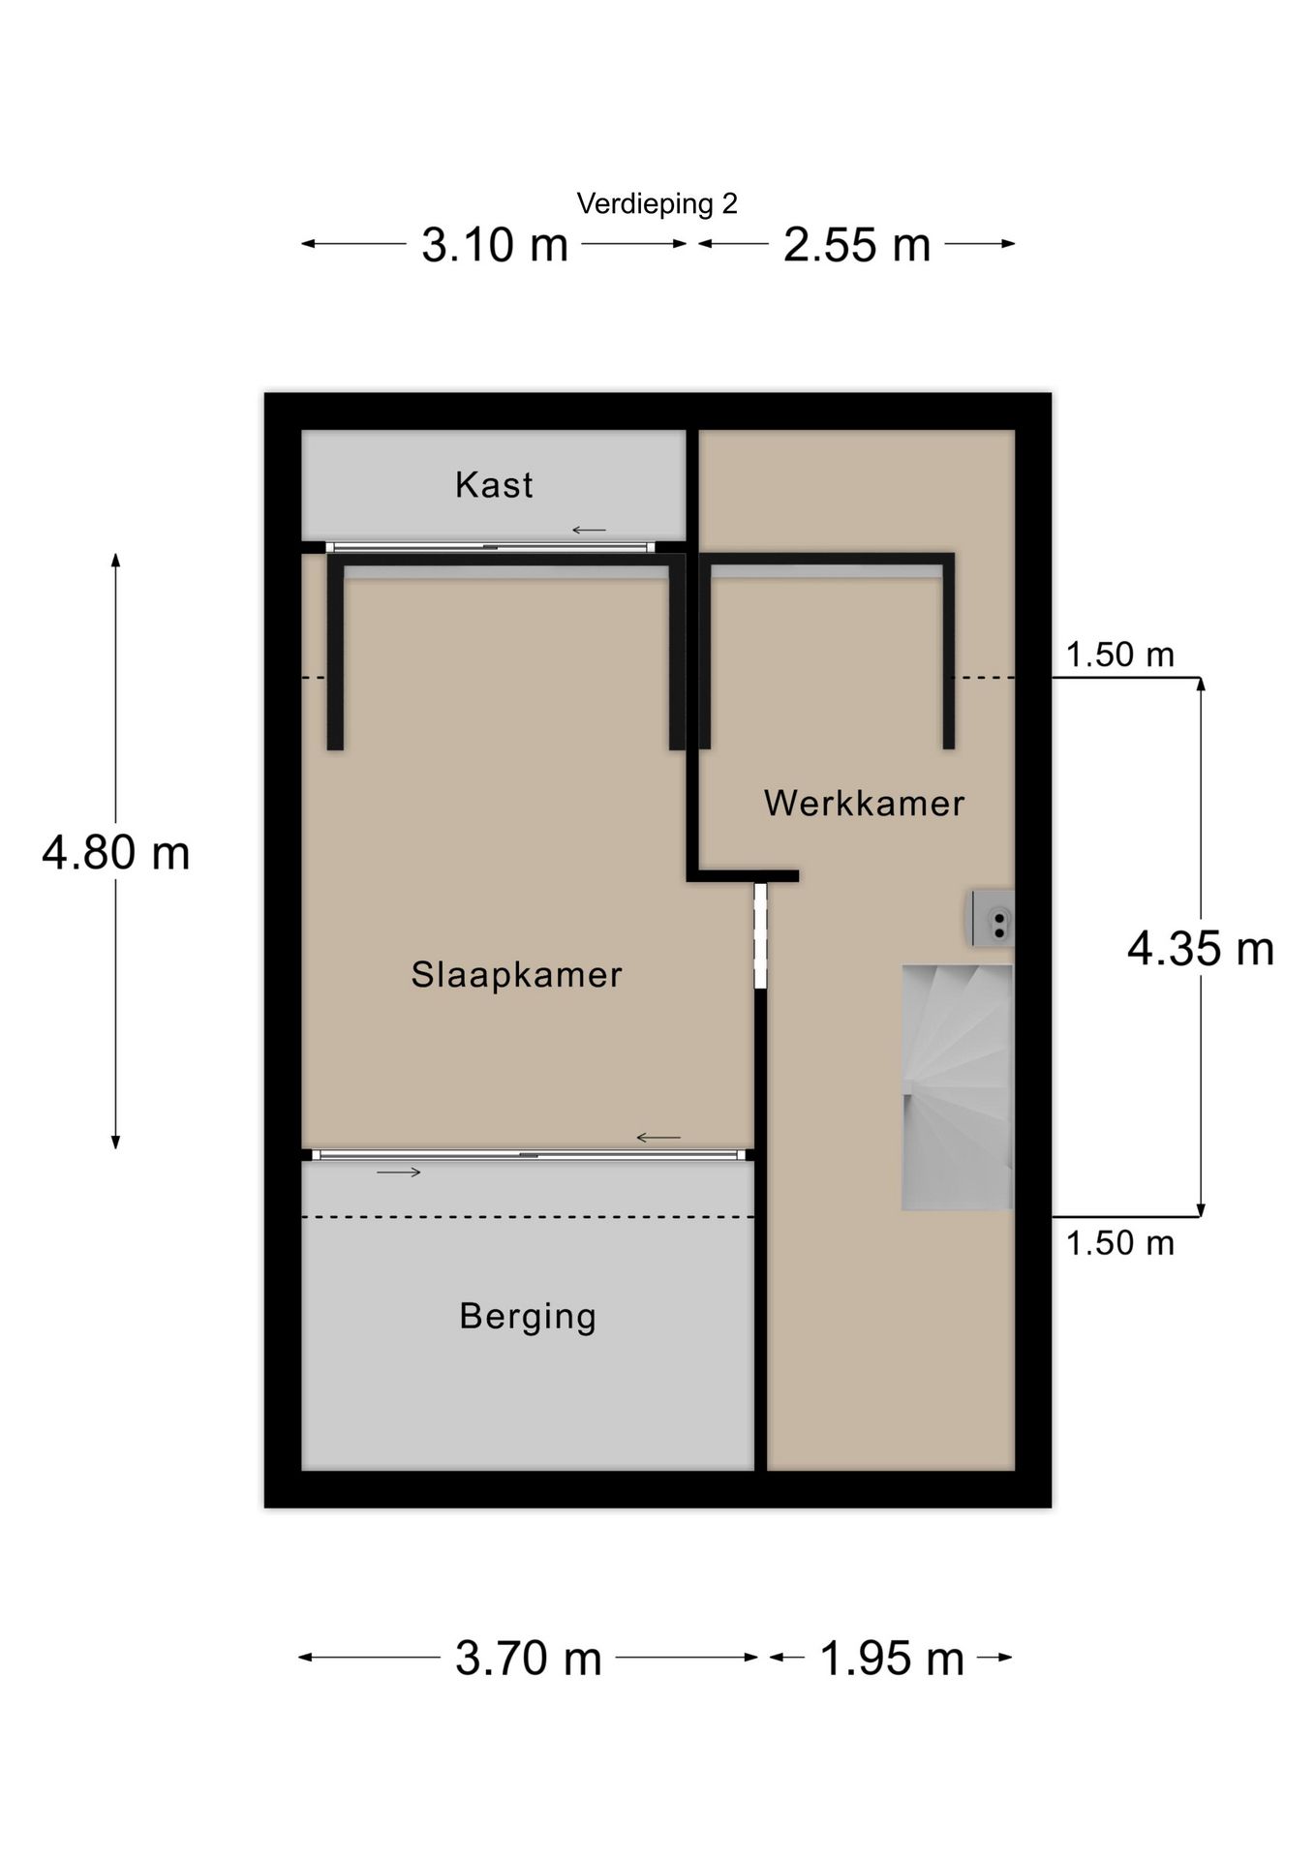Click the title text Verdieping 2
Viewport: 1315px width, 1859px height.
pyautogui.click(x=657, y=203)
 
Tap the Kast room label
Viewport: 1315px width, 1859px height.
pyautogui.click(x=494, y=484)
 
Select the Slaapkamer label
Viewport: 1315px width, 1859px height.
pyautogui.click(x=516, y=974)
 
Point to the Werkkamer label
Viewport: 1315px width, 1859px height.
pyautogui.click(x=864, y=803)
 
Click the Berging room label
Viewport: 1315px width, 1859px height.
pyautogui.click(x=528, y=1317)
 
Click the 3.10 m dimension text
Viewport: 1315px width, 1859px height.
pyautogui.click(x=494, y=244)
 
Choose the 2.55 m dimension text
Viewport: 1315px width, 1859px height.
pyautogui.click(x=856, y=244)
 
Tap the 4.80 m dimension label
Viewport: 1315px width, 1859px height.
pyautogui.click(x=115, y=852)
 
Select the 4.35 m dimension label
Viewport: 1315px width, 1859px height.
pyautogui.click(x=1200, y=948)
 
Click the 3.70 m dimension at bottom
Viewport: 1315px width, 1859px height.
pyautogui.click(x=528, y=1658)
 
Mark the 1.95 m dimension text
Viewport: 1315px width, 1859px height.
pyautogui.click(x=891, y=1658)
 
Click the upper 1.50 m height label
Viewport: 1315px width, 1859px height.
pyautogui.click(x=1119, y=655)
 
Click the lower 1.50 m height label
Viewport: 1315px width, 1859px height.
pyautogui.click(x=1119, y=1243)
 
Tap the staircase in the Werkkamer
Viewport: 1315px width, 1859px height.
pyautogui.click(x=957, y=1087)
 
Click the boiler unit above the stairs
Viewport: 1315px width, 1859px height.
pyautogui.click(x=994, y=918)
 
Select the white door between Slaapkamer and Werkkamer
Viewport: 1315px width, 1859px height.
pyautogui.click(x=760, y=935)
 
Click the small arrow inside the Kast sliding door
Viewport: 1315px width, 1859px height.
pyautogui.click(x=589, y=530)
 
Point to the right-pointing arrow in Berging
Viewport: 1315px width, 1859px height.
pyautogui.click(x=399, y=1173)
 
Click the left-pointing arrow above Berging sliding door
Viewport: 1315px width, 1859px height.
pyautogui.click(x=658, y=1138)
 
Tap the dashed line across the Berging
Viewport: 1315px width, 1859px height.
pyautogui.click(x=528, y=1217)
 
